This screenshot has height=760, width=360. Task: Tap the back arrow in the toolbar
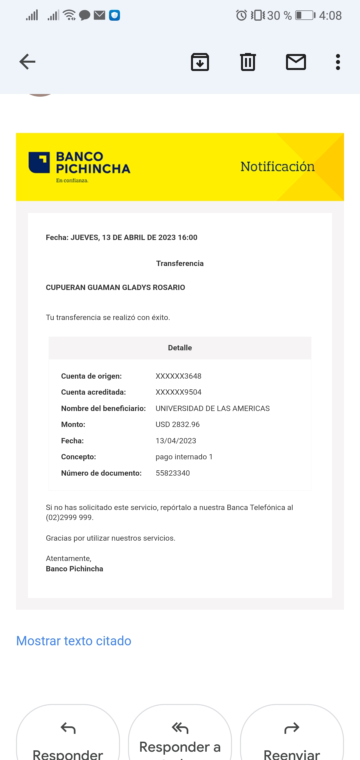pos(27,62)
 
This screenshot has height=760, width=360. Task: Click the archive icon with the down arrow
pos(200,62)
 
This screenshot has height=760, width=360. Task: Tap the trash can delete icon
pos(248,62)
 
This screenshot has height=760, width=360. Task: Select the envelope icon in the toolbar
pos(296,62)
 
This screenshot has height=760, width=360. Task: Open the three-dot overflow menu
pos(338,62)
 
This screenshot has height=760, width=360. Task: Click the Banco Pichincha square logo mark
pos(39,163)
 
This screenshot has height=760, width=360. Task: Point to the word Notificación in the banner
pos(277,167)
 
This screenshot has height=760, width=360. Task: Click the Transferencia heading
pos(180,263)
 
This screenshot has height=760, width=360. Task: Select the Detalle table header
pos(180,348)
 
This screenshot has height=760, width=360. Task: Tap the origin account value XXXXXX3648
pos(178,376)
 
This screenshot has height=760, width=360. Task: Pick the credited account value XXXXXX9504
pos(178,392)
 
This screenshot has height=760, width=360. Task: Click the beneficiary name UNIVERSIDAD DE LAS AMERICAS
pos(213,408)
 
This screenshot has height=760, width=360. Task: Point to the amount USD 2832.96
pos(178,424)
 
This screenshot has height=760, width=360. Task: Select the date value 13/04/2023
pos(176,441)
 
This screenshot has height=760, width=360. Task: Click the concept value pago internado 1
pos(184,457)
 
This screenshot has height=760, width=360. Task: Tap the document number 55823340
pos(173,473)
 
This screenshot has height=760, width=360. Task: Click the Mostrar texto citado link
pos(74,641)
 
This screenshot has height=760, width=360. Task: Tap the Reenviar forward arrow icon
pos(292,728)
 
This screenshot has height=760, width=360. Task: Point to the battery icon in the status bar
pos(305,15)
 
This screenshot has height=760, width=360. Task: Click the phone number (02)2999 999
pos(69,517)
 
